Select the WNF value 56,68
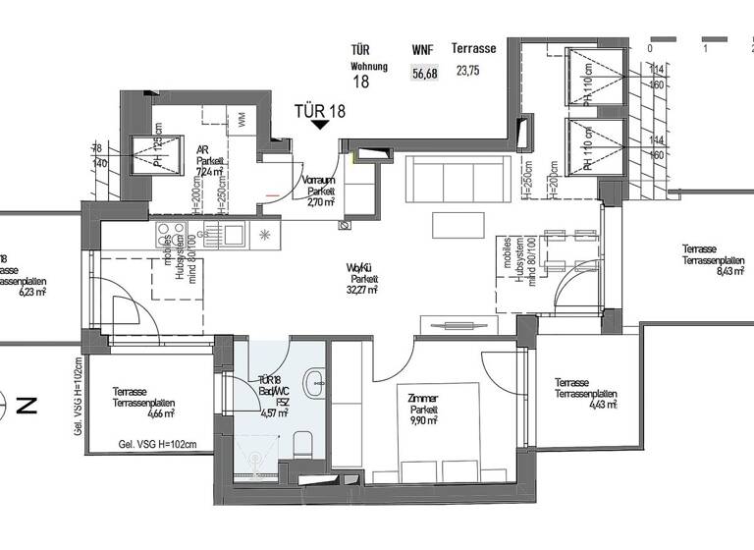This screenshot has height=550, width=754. (x=426, y=72)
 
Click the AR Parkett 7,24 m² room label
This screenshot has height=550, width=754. (x=210, y=157)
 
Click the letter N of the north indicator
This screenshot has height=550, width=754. (x=32, y=403)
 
